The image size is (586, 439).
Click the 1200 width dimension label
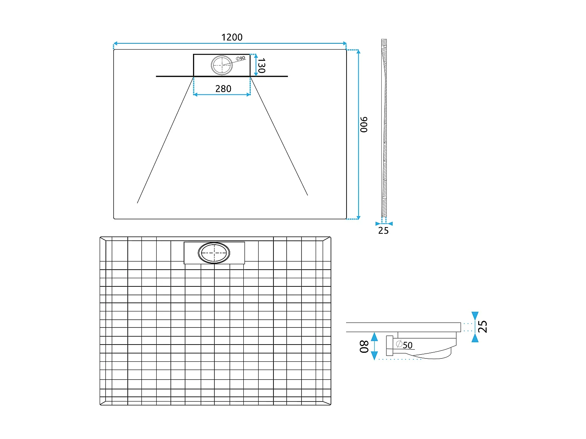point(232,37)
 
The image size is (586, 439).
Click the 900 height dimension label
point(364,124)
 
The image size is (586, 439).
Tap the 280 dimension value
point(223,89)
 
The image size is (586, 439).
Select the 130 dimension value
point(261,65)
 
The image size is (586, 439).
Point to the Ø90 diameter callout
point(241,58)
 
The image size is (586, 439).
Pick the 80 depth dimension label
point(364,347)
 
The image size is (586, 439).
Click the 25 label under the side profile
point(383,231)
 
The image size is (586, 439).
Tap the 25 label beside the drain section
point(483,327)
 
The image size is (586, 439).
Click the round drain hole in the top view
point(222,65)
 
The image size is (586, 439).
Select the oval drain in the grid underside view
point(214,253)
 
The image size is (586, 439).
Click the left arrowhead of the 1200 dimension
point(115,43)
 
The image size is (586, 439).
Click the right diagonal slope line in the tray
point(279,136)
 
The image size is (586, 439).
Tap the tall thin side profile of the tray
point(384,129)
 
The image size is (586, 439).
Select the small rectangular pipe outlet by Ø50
point(389,346)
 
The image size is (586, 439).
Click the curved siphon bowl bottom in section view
point(434,356)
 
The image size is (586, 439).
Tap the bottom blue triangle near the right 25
point(475,338)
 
